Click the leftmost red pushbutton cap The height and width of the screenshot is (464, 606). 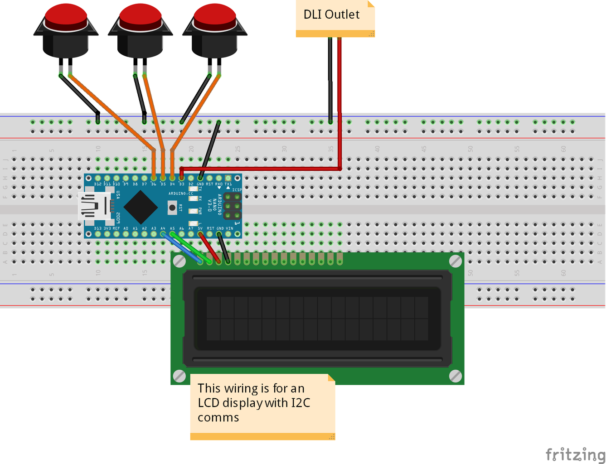[x=66, y=15]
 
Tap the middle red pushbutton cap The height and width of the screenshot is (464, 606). [x=140, y=15]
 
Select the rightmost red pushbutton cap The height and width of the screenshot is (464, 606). [x=214, y=15]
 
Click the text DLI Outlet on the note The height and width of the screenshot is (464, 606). [x=331, y=14]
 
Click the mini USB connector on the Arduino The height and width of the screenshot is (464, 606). [x=93, y=206]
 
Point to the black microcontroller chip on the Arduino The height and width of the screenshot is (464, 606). [x=141, y=207]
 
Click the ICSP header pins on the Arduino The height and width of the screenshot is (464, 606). [x=232, y=206]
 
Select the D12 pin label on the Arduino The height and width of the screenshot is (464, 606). [x=98, y=184]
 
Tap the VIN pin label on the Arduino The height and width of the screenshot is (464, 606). [x=229, y=229]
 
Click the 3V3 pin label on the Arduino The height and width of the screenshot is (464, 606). [x=107, y=229]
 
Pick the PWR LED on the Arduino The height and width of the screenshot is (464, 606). [x=194, y=211]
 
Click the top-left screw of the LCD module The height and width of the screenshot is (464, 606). [x=179, y=261]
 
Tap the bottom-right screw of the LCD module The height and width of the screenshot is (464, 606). [x=455, y=376]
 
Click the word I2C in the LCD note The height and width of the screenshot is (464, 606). [x=301, y=403]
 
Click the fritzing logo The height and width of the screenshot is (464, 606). [x=575, y=454]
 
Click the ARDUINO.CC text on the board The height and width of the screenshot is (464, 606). [x=180, y=193]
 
